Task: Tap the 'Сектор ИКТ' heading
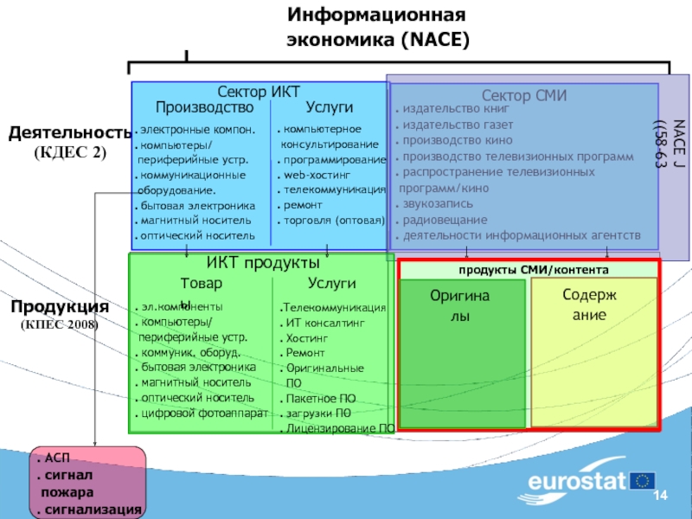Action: pyautogui.click(x=259, y=93)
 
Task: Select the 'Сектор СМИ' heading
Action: pyautogui.click(x=524, y=96)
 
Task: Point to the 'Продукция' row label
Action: pyautogui.click(x=60, y=307)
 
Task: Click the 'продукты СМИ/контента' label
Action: pyautogui.click(x=528, y=270)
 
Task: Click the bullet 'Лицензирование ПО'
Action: pyautogui.click(x=340, y=428)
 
